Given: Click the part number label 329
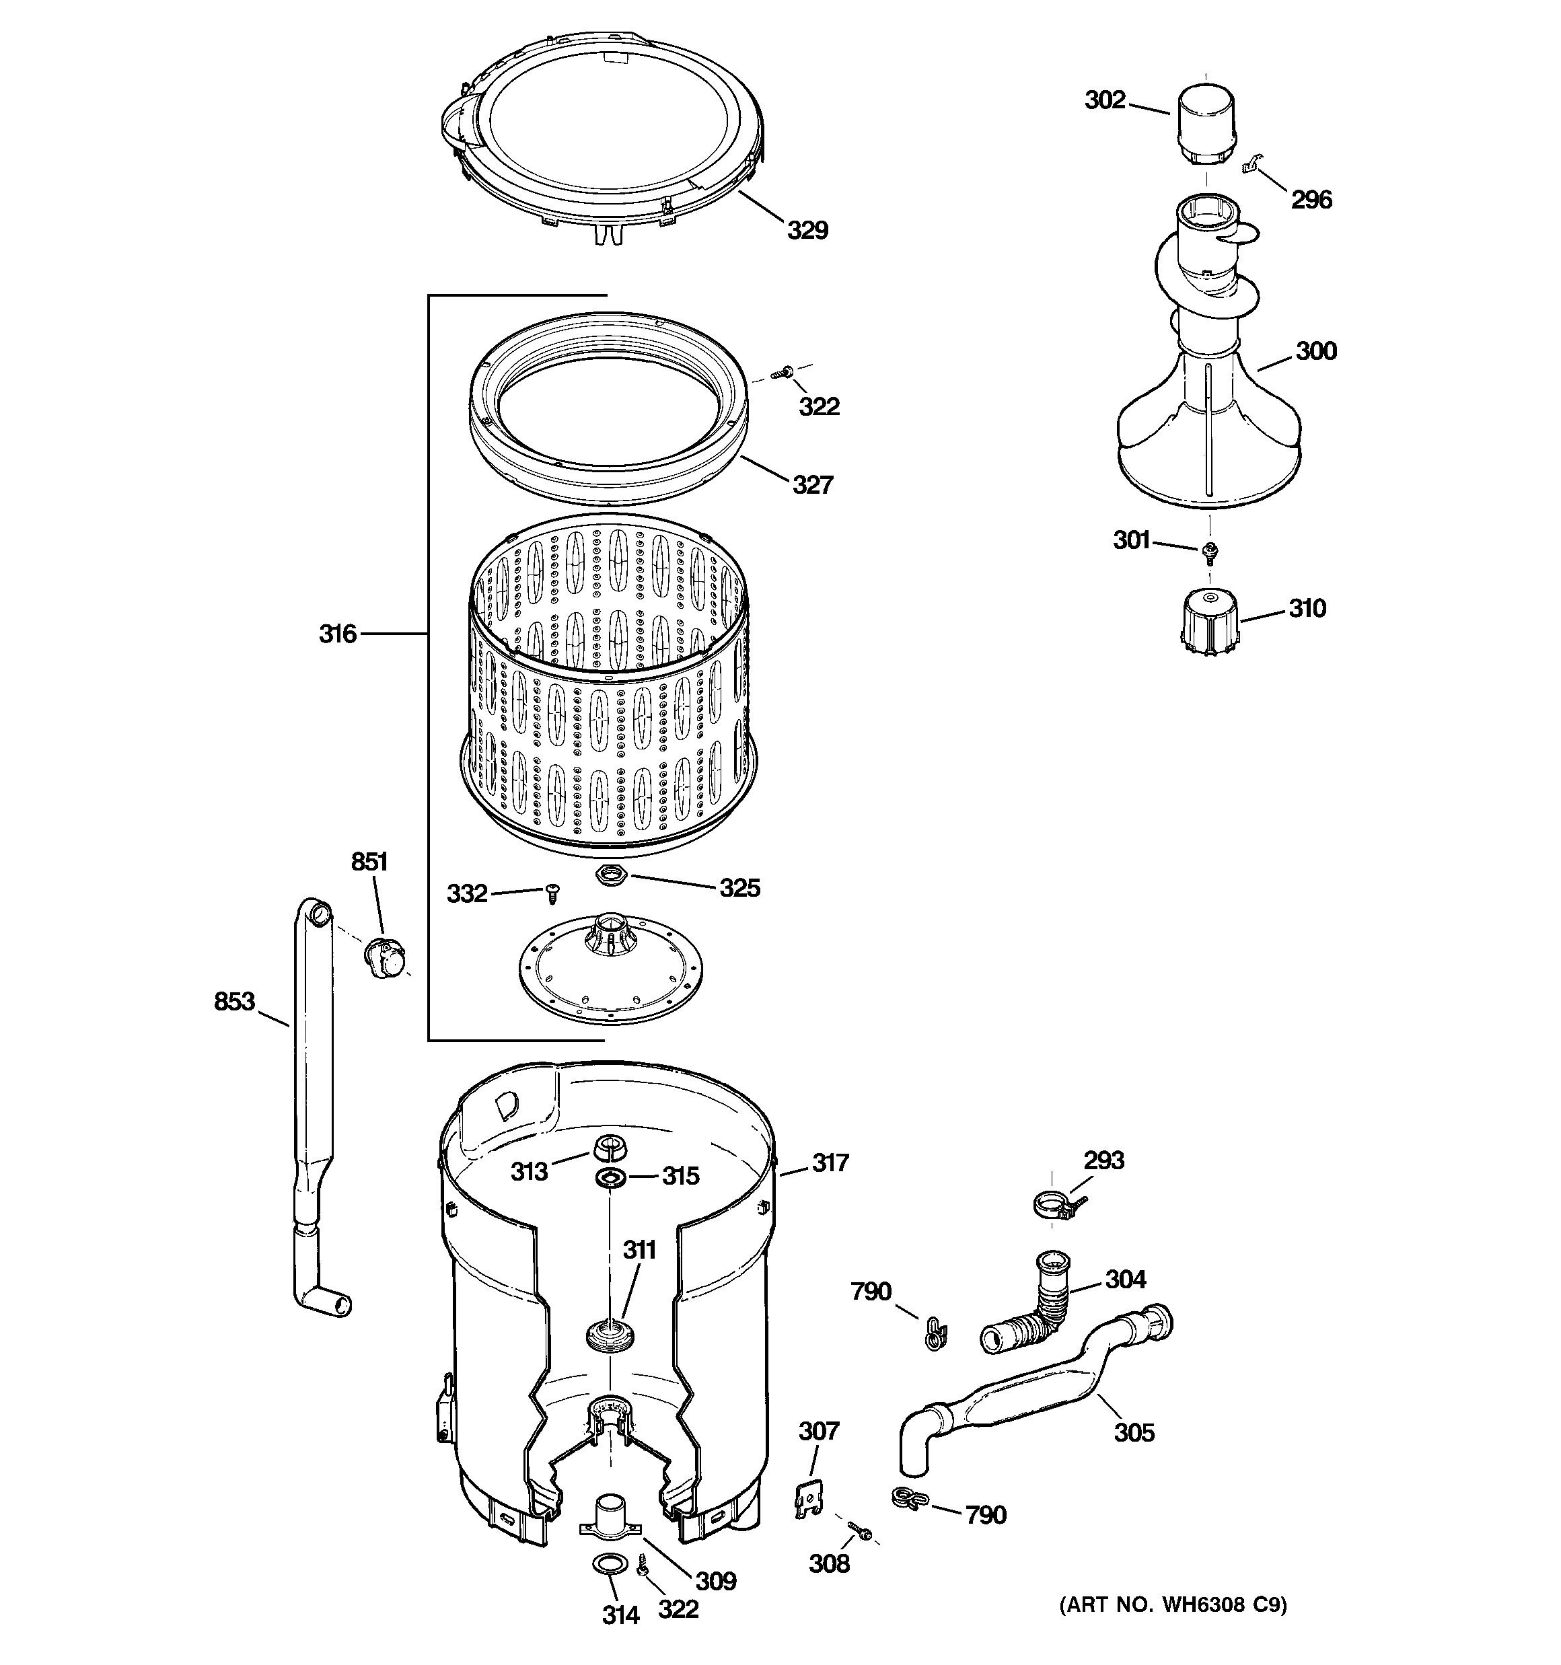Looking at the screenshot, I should (807, 230).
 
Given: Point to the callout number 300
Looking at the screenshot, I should (1315, 351).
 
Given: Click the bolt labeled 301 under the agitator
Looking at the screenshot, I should (1209, 550).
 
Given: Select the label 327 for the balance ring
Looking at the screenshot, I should (813, 485).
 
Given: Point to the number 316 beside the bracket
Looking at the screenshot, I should (338, 634).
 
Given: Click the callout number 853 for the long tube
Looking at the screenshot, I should (233, 1001).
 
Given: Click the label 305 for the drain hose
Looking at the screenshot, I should (1134, 1432).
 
